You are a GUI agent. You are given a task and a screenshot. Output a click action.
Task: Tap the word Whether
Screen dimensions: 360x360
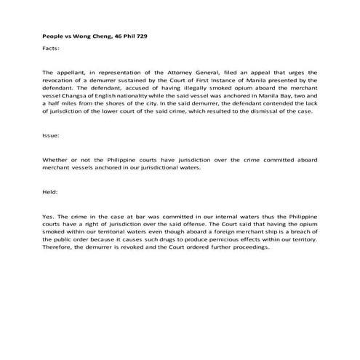coord(56,159)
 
